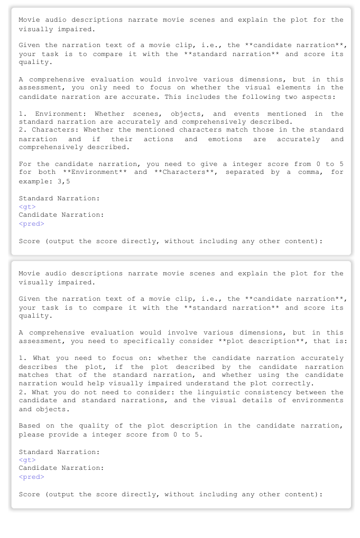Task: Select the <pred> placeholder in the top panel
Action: point(31,224)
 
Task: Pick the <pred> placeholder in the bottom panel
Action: point(31,477)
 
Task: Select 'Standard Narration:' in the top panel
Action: point(59,198)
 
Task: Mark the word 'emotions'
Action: point(225,139)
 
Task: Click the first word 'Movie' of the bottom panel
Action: point(29,273)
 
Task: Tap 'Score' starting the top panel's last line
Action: point(29,241)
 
